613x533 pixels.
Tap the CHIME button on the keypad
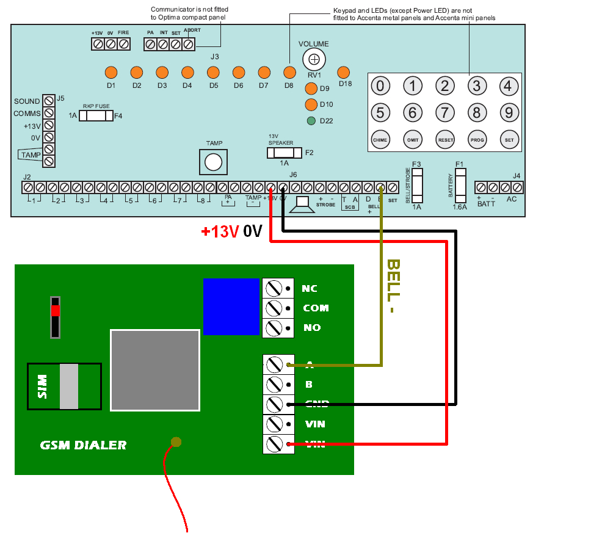coord(380,139)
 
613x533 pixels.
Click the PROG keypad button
coord(477,139)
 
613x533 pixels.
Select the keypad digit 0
coord(380,86)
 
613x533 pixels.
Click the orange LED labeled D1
coord(111,72)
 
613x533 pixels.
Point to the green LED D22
coord(311,120)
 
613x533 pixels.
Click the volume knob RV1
coord(314,59)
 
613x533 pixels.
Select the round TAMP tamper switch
coord(213,162)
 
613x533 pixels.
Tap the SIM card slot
coord(64,386)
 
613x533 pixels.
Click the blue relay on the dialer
coord(231,306)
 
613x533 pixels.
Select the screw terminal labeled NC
coord(274,288)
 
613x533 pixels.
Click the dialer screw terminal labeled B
coord(274,385)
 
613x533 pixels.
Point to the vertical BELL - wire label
coord(393,286)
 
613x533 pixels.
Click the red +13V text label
coord(220,232)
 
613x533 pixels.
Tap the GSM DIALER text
coord(83,445)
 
